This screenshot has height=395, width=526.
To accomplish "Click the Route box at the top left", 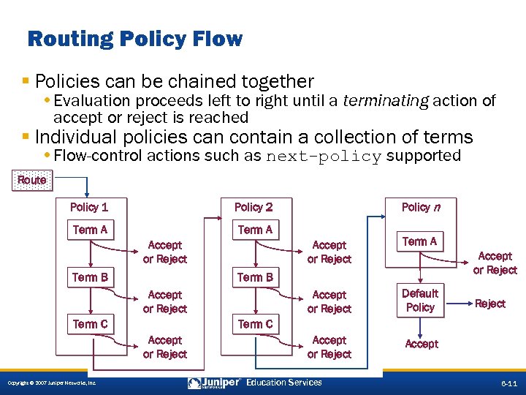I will tap(32, 180).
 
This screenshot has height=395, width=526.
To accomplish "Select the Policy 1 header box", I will tap(89, 207).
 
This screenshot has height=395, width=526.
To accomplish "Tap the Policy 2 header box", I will tap(254, 207).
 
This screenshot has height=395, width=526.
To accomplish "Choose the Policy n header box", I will tap(420, 207).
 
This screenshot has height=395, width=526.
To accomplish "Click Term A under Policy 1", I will tap(90, 230).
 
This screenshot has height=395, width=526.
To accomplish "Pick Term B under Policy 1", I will tap(90, 277).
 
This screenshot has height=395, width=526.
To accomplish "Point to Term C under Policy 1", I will tap(90, 324).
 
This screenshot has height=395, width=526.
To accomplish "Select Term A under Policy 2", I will tap(255, 230).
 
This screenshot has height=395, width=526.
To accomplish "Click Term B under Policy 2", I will tap(255, 277).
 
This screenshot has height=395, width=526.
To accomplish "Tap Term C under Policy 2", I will tap(255, 324).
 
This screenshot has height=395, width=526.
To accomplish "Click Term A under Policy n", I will tap(419, 241).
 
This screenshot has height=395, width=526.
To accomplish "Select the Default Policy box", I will tap(420, 300).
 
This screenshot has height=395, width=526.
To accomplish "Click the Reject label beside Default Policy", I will tap(489, 304).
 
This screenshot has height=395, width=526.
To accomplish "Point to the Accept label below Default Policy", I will tap(422, 344).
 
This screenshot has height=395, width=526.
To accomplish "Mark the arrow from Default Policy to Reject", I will tap(457, 301).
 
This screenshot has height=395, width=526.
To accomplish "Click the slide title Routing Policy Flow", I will tap(134, 39).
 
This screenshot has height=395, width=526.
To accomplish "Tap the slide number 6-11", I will tap(508, 383).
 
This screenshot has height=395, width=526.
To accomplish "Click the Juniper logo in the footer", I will tap(215, 383).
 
